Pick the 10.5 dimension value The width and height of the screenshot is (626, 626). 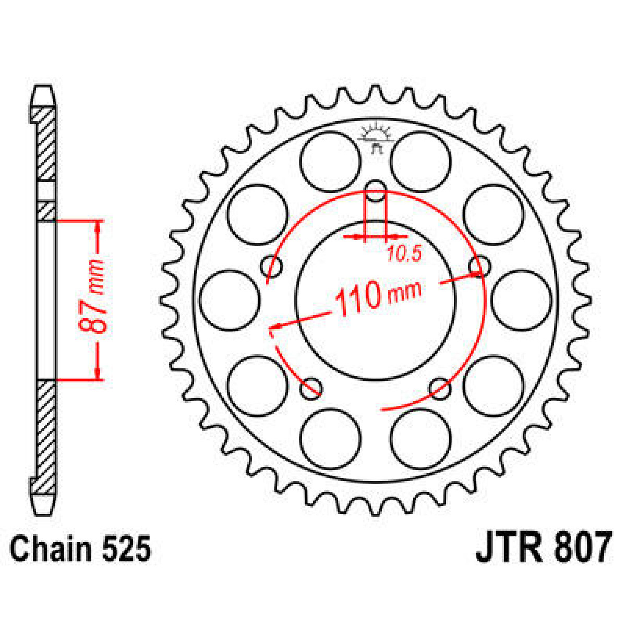(x=404, y=254)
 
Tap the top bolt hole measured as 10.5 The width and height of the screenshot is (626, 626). (x=376, y=190)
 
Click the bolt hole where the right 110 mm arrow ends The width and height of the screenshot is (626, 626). (x=479, y=267)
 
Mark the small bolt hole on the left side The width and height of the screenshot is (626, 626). (x=272, y=267)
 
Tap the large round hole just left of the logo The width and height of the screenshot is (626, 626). (x=331, y=161)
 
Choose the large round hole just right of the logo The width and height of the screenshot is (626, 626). (x=420, y=161)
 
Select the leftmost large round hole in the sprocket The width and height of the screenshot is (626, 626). (x=230, y=300)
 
